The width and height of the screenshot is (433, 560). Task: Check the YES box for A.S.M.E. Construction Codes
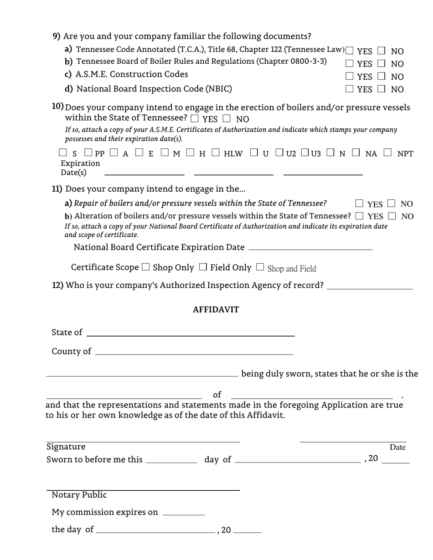click(350, 76)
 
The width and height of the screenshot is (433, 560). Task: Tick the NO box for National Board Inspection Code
click(382, 89)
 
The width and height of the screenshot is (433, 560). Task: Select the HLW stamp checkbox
click(216, 153)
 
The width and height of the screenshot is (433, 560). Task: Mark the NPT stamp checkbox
click(387, 153)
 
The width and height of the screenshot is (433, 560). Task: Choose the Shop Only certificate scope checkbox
click(146, 267)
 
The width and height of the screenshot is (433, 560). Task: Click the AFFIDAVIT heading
click(216, 310)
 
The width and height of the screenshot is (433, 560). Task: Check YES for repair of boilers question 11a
click(360, 203)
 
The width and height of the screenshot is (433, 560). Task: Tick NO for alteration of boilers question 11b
click(392, 216)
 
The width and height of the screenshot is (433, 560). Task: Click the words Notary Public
click(79, 495)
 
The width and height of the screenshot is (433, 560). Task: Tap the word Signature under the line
click(66, 447)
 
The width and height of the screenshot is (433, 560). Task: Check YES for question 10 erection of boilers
click(195, 118)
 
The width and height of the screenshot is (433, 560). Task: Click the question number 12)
click(58, 285)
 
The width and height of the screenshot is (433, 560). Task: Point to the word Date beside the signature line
click(397, 447)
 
